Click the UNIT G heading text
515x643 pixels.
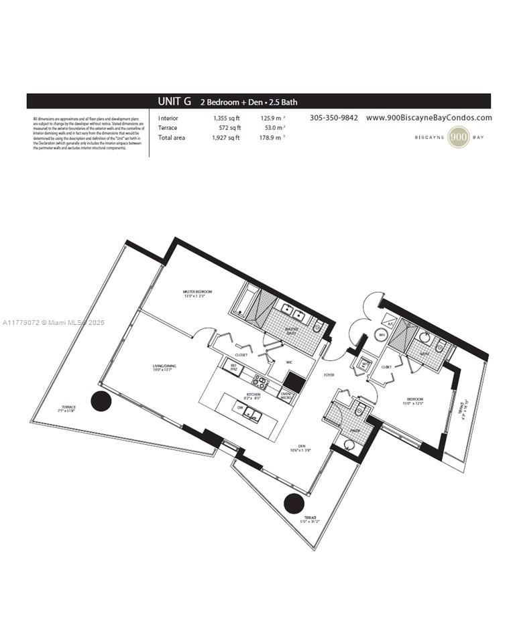[174, 102]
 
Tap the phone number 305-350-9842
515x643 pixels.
[333, 118]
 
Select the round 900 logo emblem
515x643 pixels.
[459, 137]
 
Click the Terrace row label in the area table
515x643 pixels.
[168, 128]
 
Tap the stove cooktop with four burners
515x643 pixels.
[260, 383]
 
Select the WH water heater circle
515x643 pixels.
[382, 334]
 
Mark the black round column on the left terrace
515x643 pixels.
[101, 402]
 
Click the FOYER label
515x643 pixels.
[329, 375]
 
